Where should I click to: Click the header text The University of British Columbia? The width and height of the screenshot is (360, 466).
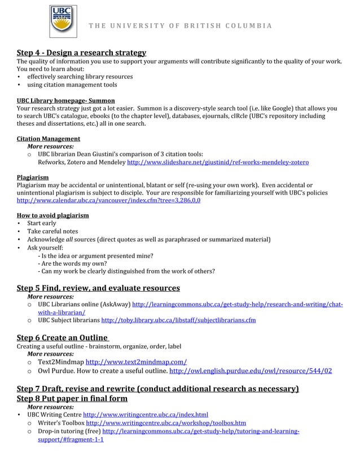(x=179, y=26)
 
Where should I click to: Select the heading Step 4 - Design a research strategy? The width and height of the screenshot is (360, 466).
(x=81, y=52)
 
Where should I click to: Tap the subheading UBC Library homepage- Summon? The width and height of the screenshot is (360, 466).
(x=65, y=100)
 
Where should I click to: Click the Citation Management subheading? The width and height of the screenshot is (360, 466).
(x=48, y=138)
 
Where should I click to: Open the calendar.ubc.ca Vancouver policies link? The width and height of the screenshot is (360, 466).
(x=108, y=200)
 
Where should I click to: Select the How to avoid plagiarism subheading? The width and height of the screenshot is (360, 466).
(x=52, y=216)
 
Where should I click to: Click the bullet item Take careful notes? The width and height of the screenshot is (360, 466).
(x=52, y=231)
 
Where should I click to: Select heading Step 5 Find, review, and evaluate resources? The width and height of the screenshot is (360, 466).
(x=98, y=288)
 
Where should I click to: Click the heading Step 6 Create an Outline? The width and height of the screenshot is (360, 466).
(x=62, y=337)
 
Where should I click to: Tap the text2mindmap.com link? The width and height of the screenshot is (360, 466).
(x=137, y=362)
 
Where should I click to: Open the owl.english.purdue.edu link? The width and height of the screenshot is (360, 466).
(x=251, y=371)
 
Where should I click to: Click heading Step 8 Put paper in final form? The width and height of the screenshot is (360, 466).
(x=72, y=398)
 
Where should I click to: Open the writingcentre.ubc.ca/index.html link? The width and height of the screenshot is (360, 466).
(x=146, y=415)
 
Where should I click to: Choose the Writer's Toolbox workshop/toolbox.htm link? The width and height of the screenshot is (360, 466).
(x=165, y=423)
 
